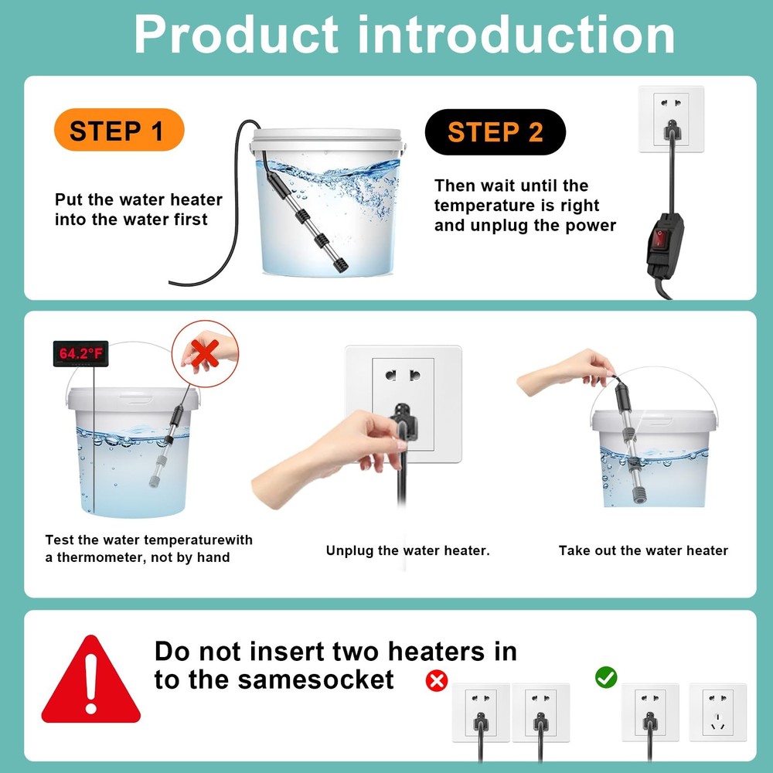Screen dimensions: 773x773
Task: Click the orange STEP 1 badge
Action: tap(119, 131)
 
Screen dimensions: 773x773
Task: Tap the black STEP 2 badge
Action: tap(495, 132)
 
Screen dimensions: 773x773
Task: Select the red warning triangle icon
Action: tap(90, 683)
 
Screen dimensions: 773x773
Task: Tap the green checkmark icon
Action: tap(606, 677)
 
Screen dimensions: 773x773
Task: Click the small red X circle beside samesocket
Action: tap(438, 680)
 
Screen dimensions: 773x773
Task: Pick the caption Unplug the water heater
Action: tap(407, 550)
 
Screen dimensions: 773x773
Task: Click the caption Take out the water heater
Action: tap(643, 550)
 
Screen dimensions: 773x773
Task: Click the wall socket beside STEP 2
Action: tap(671, 117)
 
